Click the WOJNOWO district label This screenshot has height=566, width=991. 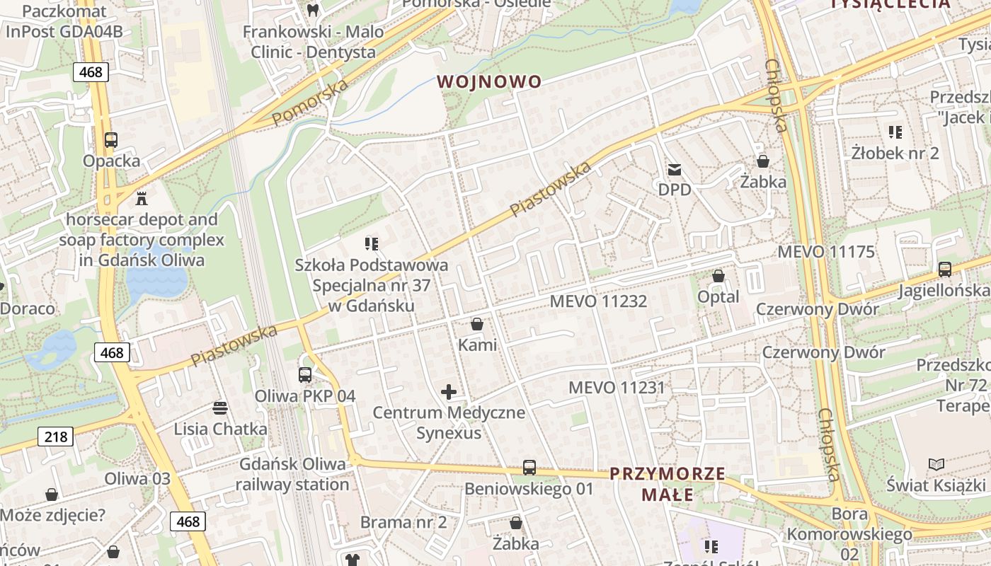pos(489,81)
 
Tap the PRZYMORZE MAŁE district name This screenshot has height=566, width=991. pos(668,484)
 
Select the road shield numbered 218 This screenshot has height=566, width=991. pos(55,437)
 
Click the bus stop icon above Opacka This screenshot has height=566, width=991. pos(110,140)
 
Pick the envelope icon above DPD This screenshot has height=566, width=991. pos(674,170)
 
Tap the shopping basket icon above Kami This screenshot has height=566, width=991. pos(477,325)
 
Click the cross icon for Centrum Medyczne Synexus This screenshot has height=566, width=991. pos(449,391)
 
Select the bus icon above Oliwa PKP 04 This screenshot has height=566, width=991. pos(305,375)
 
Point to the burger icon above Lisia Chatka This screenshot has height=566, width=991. pos(220,408)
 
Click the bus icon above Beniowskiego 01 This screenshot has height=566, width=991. pos(529,468)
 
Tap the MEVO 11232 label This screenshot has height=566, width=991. pos(598,301)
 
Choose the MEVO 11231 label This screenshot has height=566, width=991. pos(617,388)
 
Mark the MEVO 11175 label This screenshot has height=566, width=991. pos(826,252)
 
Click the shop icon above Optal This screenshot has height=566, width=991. pos(718,276)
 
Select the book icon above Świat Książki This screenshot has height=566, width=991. pos(936,464)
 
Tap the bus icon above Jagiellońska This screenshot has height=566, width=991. pos(944,270)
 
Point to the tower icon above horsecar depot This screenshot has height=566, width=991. pos(142,198)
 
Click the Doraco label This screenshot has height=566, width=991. pos(27,308)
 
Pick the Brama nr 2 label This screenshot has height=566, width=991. pos(403,523)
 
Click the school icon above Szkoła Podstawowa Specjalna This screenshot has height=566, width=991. pos(372,245)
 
